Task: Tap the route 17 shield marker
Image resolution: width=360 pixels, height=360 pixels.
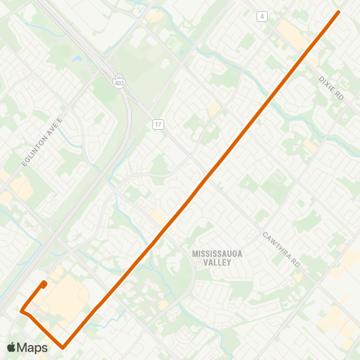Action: tap(157, 123)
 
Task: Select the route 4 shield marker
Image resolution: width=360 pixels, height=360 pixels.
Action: tap(262, 16)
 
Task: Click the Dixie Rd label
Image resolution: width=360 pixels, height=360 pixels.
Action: tap(330, 88)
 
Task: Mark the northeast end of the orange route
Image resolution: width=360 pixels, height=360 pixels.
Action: tap(339, 12)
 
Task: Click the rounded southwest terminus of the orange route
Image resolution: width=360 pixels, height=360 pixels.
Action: tap(45, 283)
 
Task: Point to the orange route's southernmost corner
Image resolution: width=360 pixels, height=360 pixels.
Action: tap(63, 346)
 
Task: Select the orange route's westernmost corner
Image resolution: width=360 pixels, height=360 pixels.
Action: tap(22, 310)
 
